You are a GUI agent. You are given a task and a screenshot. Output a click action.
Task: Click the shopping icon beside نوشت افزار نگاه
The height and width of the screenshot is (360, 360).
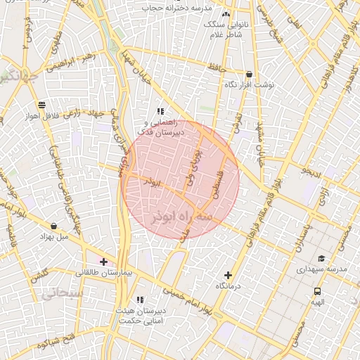249,74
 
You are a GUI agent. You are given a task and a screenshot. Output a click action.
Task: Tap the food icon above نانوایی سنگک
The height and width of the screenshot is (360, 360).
226,14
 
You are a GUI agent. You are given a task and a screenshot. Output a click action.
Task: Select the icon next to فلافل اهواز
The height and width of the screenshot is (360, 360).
41,105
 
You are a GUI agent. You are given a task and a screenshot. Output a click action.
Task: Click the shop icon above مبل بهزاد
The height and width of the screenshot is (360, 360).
54,226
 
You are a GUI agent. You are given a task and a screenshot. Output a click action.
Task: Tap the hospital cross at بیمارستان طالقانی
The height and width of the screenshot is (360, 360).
104,262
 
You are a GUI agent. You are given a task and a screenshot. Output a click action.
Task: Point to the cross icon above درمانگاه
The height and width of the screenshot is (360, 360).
228,276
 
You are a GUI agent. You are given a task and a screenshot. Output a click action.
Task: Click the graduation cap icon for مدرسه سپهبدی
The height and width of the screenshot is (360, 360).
321,259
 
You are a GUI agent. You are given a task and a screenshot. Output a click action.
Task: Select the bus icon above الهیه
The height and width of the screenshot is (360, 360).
317,291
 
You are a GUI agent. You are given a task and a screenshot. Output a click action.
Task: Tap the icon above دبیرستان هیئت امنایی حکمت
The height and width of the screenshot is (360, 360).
140,300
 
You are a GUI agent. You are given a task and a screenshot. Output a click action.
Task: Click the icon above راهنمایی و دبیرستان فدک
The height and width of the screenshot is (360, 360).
160,111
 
